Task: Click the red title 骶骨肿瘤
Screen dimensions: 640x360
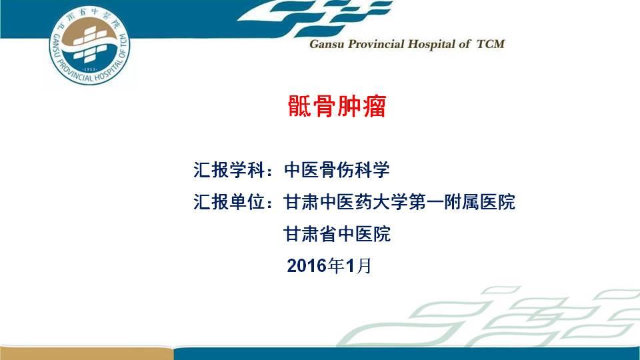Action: pos(337,106)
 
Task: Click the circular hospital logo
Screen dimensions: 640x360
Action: pos(89,45)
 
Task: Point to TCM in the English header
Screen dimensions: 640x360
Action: pos(491,44)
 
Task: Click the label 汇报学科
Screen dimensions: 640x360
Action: pos(229,170)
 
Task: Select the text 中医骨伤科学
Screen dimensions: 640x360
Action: pos(337,170)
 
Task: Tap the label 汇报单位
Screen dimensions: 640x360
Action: pos(229,201)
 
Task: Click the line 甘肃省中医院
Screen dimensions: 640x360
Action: pos(337,234)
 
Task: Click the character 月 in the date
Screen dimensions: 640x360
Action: pos(364,266)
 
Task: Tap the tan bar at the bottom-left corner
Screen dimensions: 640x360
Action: pos(87,353)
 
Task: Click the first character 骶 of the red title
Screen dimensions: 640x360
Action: pos(300,106)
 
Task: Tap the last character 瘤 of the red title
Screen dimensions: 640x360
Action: pos(374,106)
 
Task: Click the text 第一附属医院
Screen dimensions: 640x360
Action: pos(462,201)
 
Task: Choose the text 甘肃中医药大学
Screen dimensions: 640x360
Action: pos(346,201)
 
